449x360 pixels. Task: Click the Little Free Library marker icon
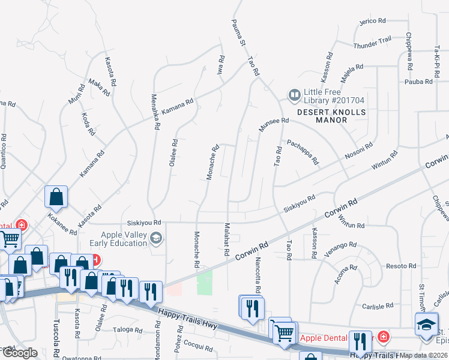coord(294,95)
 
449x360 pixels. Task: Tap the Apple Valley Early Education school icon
coord(156,239)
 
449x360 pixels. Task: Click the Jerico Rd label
coord(372,21)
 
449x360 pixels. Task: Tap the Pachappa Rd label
coord(303,152)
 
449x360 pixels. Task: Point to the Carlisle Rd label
coord(377,307)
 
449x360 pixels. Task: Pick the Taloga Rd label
coord(127,329)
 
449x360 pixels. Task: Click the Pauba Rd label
coord(418,81)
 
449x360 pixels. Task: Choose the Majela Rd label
coord(352,72)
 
